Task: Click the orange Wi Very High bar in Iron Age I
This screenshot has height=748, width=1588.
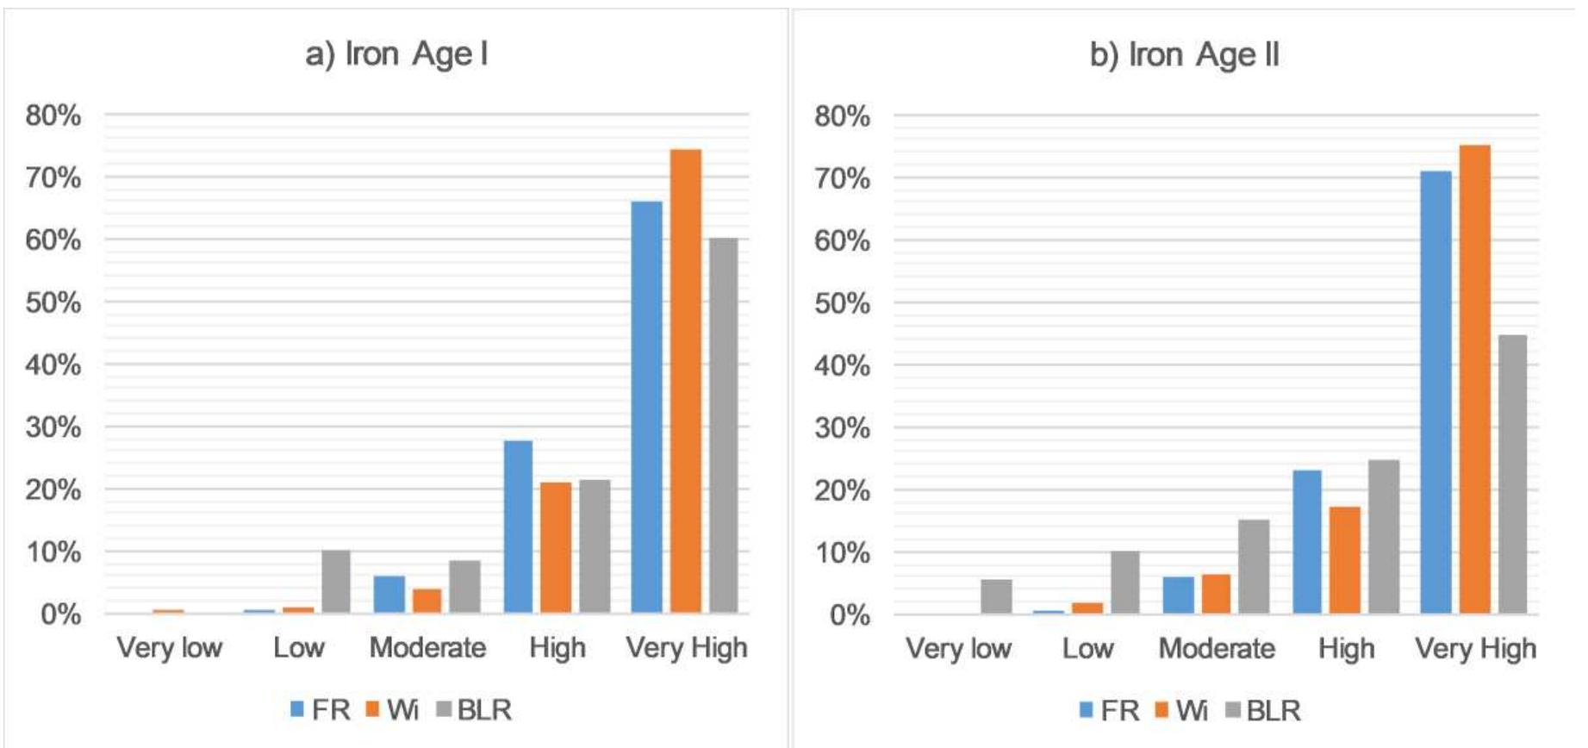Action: tap(685, 381)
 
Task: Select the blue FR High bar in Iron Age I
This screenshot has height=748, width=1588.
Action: tap(518, 527)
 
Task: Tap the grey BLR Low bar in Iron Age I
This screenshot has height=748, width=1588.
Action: tap(336, 582)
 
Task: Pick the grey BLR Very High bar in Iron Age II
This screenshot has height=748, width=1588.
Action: tap(1512, 474)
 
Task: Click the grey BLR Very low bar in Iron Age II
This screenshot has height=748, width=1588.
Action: tap(996, 596)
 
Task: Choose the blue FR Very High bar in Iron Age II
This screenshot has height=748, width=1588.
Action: tap(1435, 392)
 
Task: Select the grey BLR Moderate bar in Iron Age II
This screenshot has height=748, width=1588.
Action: tap(1254, 566)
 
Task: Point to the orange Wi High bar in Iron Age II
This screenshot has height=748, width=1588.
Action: tap(1344, 560)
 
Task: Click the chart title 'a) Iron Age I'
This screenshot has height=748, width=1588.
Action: tap(396, 53)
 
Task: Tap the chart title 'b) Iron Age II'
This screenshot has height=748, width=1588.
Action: tap(1184, 54)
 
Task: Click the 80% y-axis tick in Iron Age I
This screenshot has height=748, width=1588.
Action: tap(53, 115)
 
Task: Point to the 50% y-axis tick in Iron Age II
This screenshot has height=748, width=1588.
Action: tap(842, 303)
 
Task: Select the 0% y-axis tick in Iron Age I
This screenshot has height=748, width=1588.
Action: tap(60, 614)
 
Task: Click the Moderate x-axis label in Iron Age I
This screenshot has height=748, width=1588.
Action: tap(427, 647)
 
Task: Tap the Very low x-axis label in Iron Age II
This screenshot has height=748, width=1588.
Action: tap(958, 648)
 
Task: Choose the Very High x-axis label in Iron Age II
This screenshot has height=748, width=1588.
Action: tap(1475, 648)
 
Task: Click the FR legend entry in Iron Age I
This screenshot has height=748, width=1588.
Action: tap(321, 710)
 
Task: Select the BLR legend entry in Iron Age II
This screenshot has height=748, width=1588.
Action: tap(1263, 711)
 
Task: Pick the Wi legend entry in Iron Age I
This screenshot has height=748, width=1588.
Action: tap(393, 710)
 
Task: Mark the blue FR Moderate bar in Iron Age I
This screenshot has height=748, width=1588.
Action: tap(389, 595)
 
